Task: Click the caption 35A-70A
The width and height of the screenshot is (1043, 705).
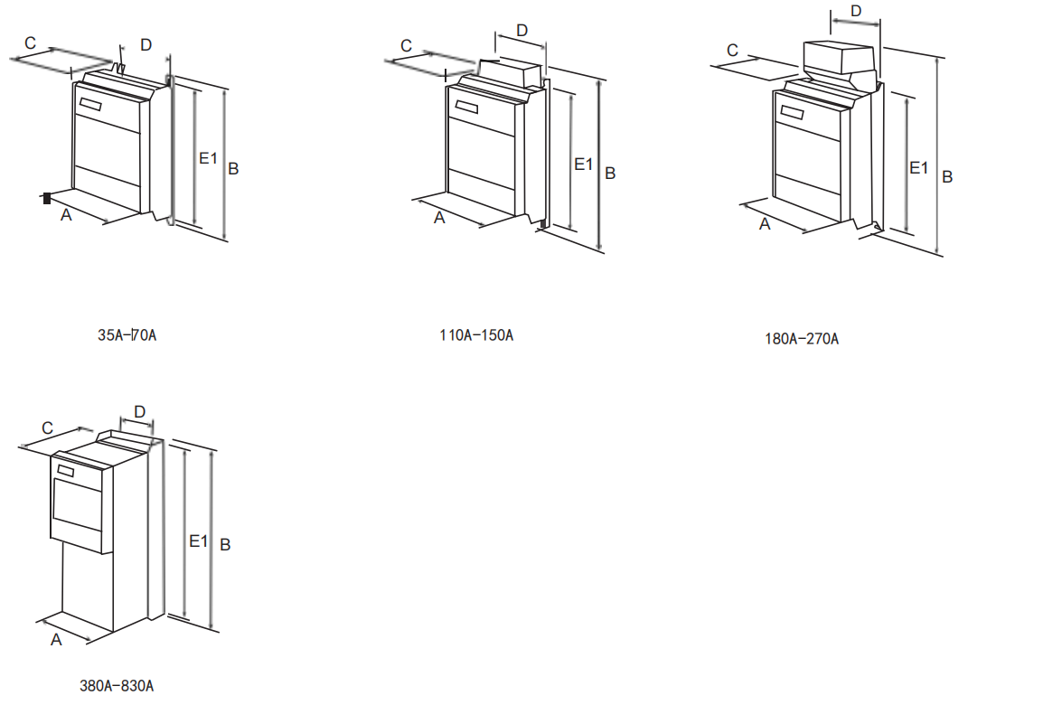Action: [127, 335]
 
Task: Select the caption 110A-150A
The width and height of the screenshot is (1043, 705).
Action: [476, 335]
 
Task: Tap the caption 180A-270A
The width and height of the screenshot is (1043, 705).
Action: [802, 339]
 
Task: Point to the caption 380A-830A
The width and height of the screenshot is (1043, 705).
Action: [117, 685]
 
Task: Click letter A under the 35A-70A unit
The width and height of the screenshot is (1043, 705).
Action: [66, 216]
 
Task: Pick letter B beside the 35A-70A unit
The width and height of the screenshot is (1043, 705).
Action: [233, 168]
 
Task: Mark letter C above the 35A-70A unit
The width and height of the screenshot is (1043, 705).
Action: [31, 43]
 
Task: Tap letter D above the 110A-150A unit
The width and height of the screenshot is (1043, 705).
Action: [521, 30]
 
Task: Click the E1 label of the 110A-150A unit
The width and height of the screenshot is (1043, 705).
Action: [584, 164]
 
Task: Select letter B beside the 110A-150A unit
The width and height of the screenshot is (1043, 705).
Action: [610, 173]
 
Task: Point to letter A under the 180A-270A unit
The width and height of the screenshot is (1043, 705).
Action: [765, 223]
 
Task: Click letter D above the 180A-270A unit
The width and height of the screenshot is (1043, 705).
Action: [856, 11]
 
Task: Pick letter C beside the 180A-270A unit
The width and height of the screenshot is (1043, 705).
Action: [733, 50]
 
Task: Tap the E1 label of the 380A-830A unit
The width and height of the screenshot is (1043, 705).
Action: [199, 540]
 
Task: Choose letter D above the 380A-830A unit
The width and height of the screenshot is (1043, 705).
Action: [139, 412]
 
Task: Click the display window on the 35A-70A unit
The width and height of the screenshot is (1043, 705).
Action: [91, 104]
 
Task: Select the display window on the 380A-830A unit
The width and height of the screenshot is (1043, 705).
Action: [65, 470]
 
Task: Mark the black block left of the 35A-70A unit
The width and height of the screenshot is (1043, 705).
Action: [47, 198]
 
